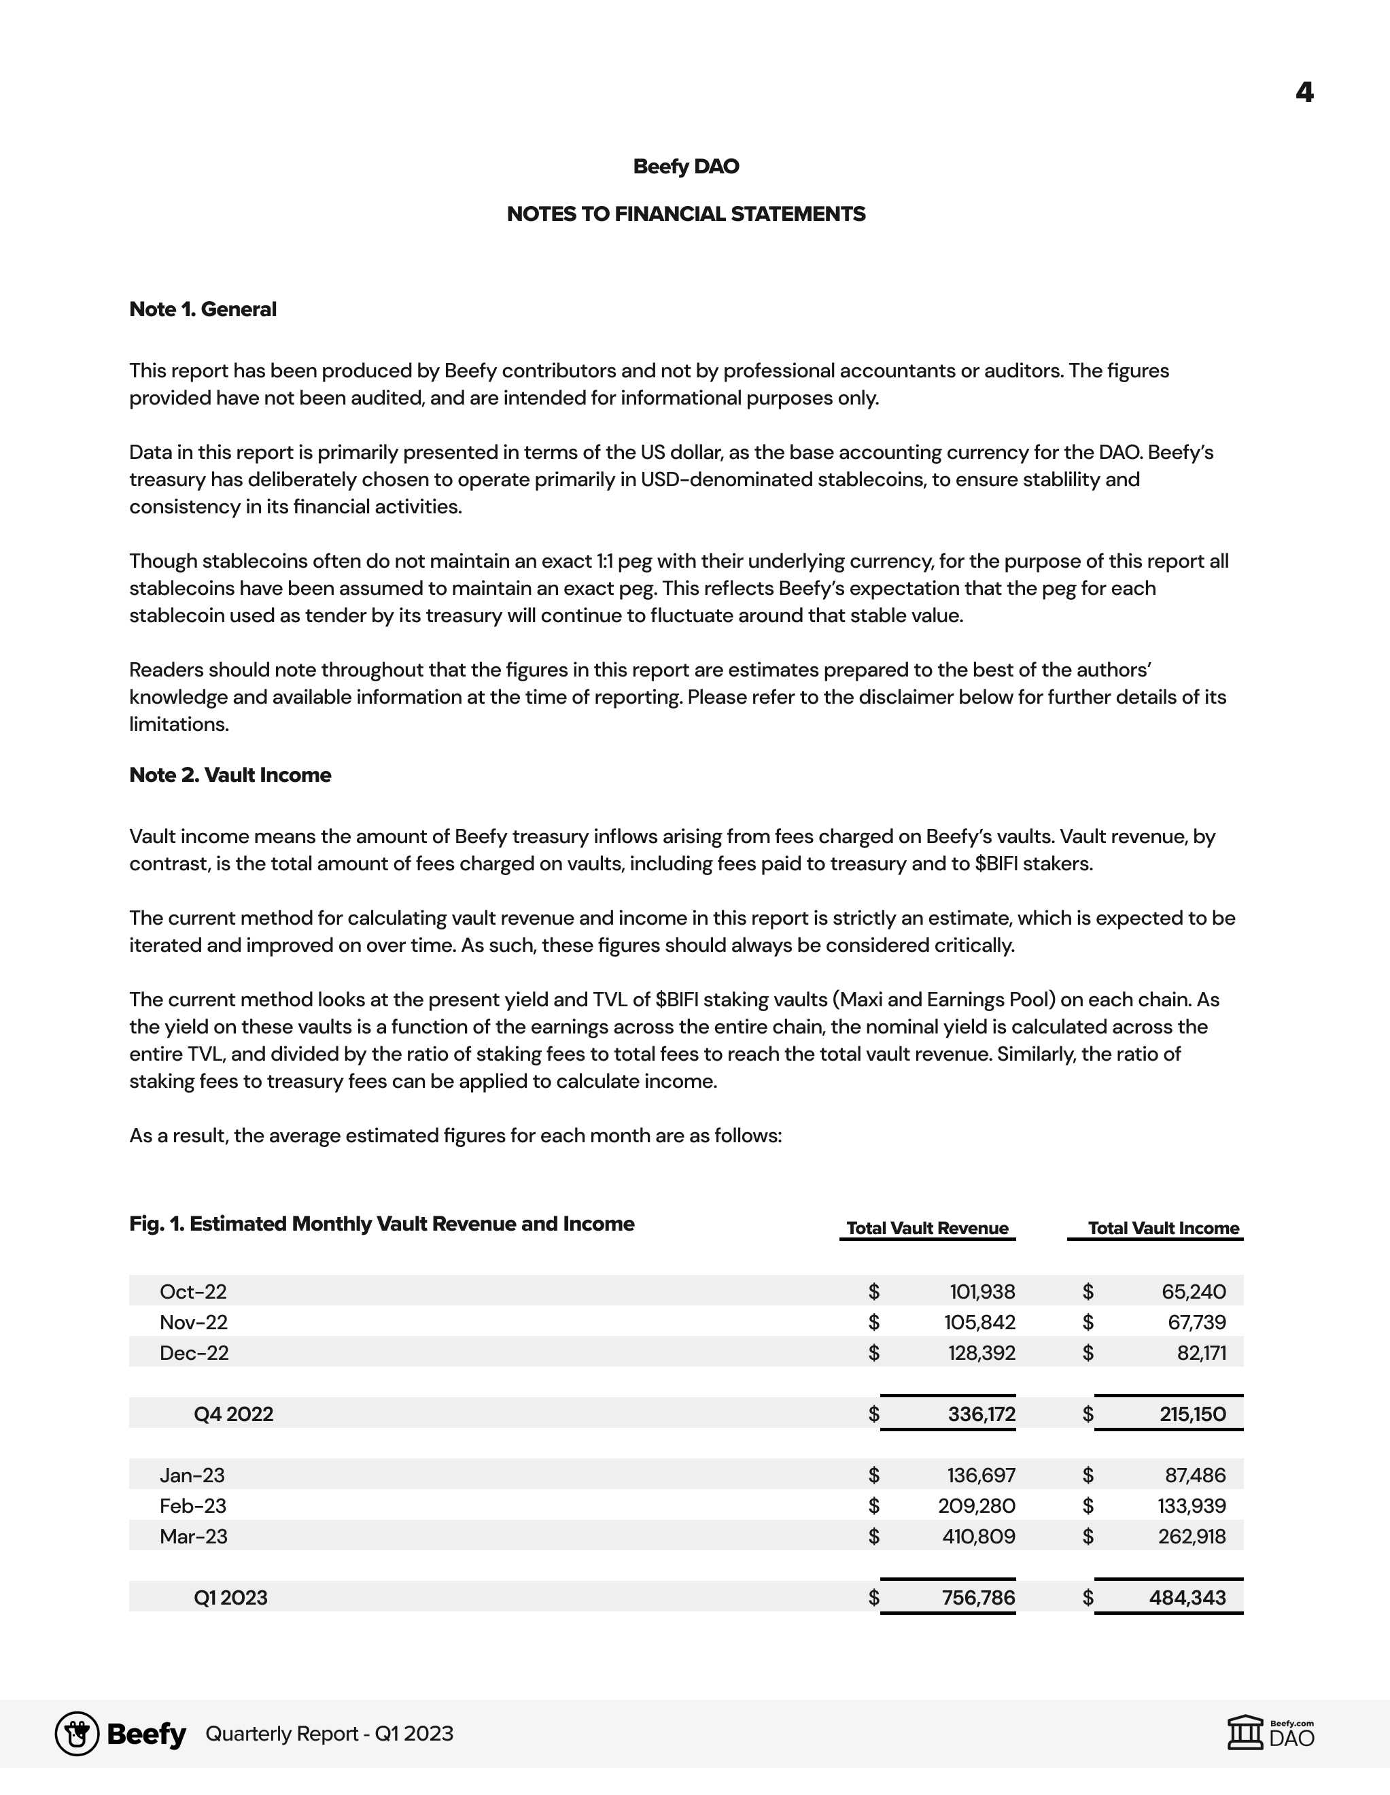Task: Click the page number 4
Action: [x=1304, y=92]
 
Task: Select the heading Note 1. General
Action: [x=203, y=309]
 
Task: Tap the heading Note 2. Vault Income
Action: [x=230, y=775]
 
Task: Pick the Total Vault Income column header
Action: [x=1162, y=1228]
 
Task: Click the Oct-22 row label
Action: [x=193, y=1291]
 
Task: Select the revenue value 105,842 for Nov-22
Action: [x=979, y=1322]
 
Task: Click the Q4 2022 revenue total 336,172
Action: [x=981, y=1414]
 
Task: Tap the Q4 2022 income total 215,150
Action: [x=1192, y=1414]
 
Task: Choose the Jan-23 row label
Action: [x=192, y=1475]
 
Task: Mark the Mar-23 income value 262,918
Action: [x=1192, y=1535]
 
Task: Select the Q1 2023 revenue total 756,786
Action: [x=977, y=1597]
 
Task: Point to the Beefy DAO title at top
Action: [x=686, y=166]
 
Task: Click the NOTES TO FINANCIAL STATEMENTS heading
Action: [x=686, y=213]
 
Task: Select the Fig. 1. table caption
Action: [x=381, y=1224]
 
